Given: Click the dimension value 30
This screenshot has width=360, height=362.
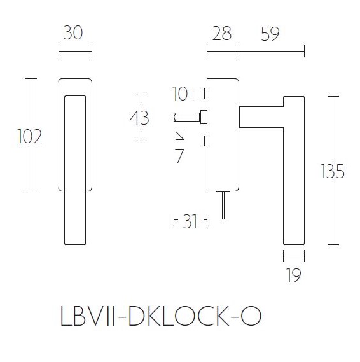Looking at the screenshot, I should point(75,34).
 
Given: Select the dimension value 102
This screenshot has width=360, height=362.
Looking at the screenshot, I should point(30,136).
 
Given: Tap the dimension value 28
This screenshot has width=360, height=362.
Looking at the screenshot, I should point(222,34).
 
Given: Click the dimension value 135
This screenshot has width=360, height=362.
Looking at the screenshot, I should point(332,171).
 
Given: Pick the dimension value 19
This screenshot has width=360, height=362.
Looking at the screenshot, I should point(293,276).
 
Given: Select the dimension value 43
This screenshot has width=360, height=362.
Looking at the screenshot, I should point(139,118).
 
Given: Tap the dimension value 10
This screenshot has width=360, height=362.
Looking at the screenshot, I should point(181,94).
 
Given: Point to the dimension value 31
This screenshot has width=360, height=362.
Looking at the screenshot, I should point(190,221).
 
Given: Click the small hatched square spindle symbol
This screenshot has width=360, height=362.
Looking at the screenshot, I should point(180,136).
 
